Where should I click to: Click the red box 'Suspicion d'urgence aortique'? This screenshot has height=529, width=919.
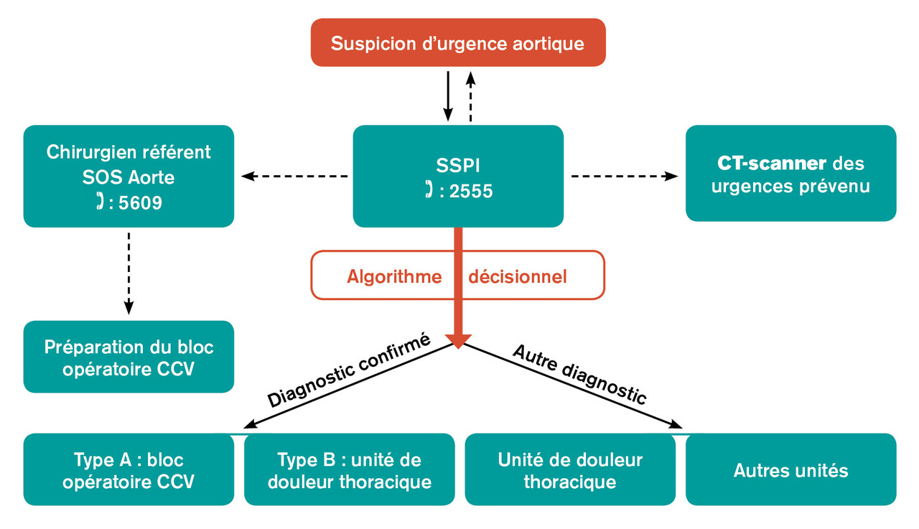coord(457,43)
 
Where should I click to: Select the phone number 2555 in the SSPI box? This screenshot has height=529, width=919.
coord(471,192)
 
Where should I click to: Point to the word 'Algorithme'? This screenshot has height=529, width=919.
coord(394,276)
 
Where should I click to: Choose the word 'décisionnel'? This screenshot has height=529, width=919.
coord(518,276)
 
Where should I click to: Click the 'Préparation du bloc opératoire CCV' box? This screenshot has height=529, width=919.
coord(129,357)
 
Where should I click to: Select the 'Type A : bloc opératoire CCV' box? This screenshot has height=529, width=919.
coord(129,469)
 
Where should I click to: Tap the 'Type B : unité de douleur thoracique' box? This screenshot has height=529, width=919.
coord(349,469)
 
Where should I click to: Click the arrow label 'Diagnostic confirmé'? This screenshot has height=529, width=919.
coord(349,370)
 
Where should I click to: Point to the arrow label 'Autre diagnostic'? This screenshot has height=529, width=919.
coord(580,373)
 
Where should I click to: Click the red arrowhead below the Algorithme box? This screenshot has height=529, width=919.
coord(458,340)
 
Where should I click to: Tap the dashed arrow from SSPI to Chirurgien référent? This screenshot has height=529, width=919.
coord(294,176)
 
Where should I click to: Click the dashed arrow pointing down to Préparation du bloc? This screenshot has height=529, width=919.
coord(129,273)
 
